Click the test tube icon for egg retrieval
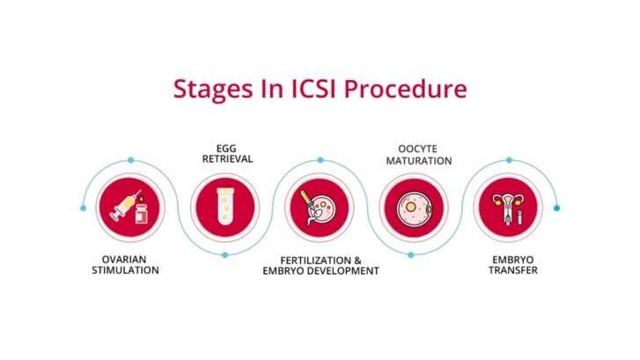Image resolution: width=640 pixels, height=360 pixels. click(x=224, y=209)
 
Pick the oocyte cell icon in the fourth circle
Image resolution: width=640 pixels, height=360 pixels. click(x=411, y=209)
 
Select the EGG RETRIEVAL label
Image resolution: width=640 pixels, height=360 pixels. click(x=224, y=153)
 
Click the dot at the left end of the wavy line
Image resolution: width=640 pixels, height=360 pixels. click(x=84, y=209)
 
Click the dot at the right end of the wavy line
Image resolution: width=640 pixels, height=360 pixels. click(x=556, y=208)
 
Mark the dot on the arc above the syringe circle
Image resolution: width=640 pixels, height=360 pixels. click(x=130, y=160)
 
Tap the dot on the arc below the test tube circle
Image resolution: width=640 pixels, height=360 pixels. click(x=225, y=255)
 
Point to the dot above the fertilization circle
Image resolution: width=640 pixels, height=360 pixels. click(x=320, y=160)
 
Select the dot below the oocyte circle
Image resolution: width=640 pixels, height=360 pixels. click(x=411, y=255)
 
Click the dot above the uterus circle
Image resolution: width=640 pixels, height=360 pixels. click(x=508, y=160)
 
